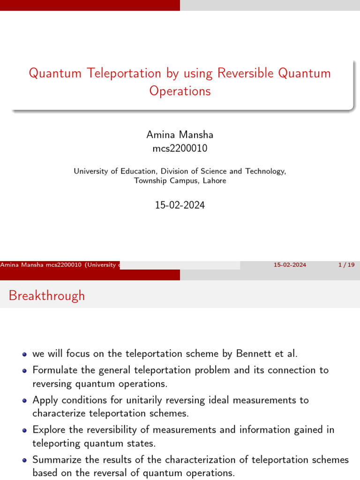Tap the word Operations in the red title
[x=180, y=91]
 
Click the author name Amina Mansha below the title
[x=180, y=135]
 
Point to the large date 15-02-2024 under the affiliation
[x=180, y=205]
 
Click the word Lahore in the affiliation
[x=214, y=180]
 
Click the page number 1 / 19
[x=346, y=265]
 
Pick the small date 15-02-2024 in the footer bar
[x=290, y=265]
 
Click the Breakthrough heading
[x=47, y=296]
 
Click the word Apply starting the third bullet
[x=45, y=400]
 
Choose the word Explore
[x=50, y=430]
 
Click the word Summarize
[x=58, y=460]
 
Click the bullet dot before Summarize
[x=24, y=460]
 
